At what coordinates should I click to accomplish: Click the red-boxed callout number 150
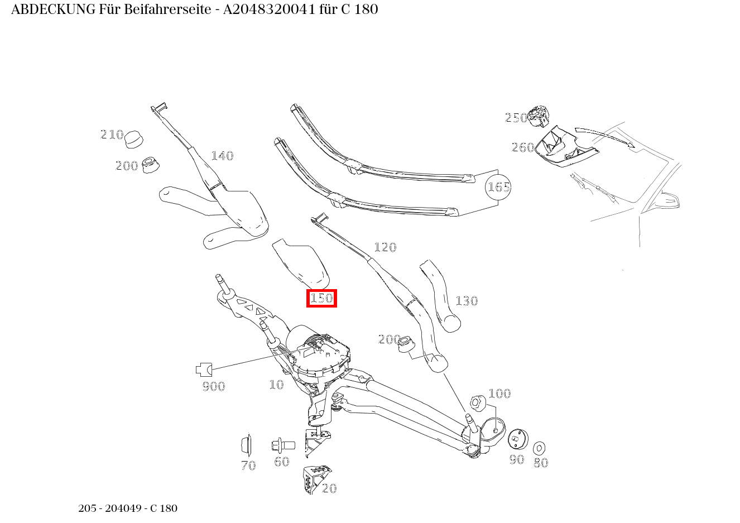(x=321, y=299)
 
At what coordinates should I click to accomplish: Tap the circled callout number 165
(x=498, y=186)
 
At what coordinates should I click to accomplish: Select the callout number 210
(x=112, y=135)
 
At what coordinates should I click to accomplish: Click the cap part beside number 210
(x=133, y=140)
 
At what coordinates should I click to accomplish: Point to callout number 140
(x=222, y=156)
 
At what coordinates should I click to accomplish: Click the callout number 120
(x=385, y=247)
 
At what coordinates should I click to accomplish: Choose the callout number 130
(x=467, y=301)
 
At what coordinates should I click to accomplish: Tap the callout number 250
(x=516, y=118)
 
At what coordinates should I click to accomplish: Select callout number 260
(x=523, y=147)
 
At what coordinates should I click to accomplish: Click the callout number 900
(x=214, y=386)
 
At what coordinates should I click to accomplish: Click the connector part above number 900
(x=204, y=369)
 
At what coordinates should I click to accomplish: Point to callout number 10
(x=276, y=385)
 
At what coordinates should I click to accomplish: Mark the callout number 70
(x=248, y=466)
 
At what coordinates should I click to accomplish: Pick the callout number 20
(x=330, y=488)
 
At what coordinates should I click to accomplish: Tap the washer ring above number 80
(x=539, y=448)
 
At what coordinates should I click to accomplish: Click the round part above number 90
(x=518, y=439)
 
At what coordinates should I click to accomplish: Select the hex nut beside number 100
(x=477, y=401)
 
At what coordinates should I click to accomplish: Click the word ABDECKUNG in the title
(x=53, y=9)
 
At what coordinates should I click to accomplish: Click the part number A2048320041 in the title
(x=269, y=9)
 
